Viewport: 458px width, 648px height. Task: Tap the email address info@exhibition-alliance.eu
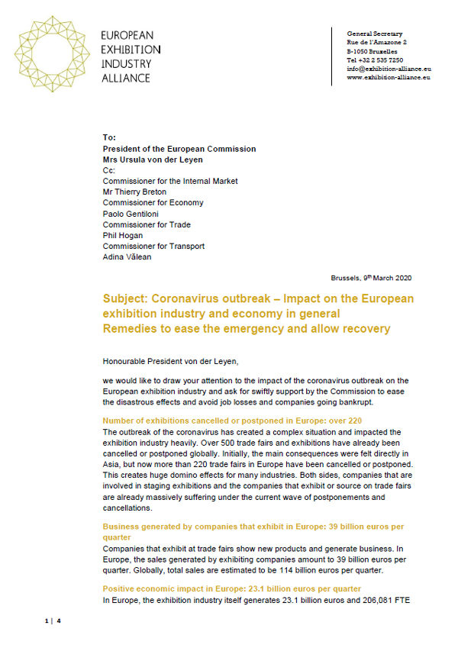pyautogui.click(x=388, y=68)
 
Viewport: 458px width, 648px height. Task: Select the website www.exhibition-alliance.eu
pyautogui.click(x=389, y=77)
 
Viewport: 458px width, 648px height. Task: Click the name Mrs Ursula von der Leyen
pyautogui.click(x=153, y=160)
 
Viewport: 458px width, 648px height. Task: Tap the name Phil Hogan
pyautogui.click(x=124, y=235)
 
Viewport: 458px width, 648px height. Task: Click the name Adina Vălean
pyautogui.click(x=128, y=257)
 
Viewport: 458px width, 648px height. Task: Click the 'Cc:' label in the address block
pyautogui.click(x=108, y=170)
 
